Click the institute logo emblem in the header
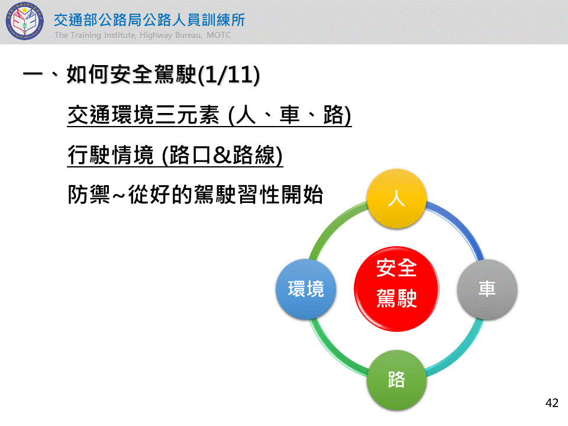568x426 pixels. [25, 21]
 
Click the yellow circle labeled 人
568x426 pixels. [396, 199]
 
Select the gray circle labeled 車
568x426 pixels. [487, 289]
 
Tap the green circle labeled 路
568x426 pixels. [396, 380]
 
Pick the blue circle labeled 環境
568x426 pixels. [306, 289]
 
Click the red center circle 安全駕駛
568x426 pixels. [396, 289]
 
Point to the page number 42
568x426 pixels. [551, 403]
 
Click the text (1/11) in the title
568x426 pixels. [229, 75]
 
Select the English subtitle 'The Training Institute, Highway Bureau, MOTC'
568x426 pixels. [143, 35]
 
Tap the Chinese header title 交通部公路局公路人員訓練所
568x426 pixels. [149, 20]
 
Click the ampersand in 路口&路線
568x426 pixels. [222, 154]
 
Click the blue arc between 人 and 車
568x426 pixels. [461, 225]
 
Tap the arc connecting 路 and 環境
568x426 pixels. [331, 354]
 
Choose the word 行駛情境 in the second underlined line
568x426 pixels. [111, 154]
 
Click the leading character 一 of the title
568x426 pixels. [33, 75]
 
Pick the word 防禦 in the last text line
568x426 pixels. [89, 195]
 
